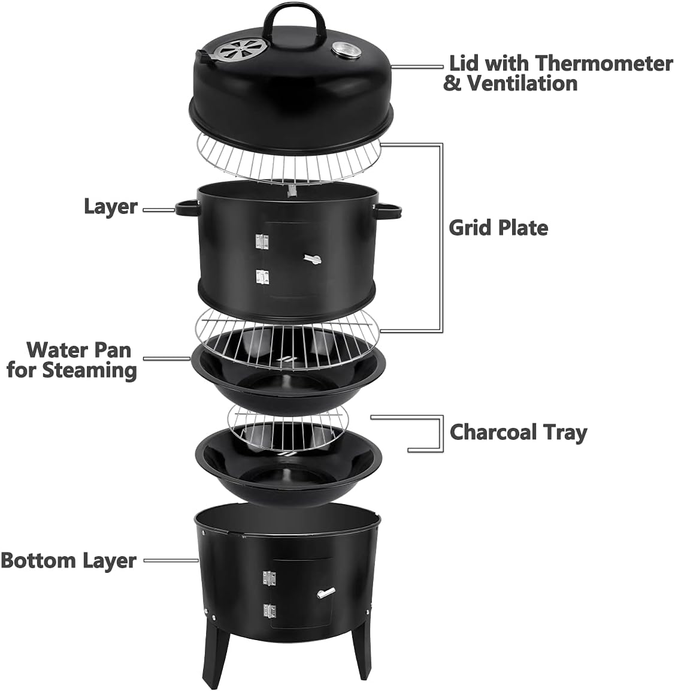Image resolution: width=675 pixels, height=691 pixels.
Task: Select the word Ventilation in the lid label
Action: click(x=522, y=83)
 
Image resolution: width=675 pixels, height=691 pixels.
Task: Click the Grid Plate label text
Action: click(x=498, y=228)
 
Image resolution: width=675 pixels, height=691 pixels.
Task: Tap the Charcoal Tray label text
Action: click(x=518, y=432)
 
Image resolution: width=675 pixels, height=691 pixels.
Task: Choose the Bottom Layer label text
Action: click(x=68, y=560)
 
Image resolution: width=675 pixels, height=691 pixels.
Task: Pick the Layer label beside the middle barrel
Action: click(x=110, y=207)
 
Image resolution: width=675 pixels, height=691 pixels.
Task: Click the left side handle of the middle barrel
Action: click(x=186, y=207)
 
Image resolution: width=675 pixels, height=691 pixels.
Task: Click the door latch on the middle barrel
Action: click(x=311, y=259)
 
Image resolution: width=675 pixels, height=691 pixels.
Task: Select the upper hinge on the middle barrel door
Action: click(x=262, y=241)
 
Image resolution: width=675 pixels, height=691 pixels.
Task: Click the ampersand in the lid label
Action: click(x=452, y=83)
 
